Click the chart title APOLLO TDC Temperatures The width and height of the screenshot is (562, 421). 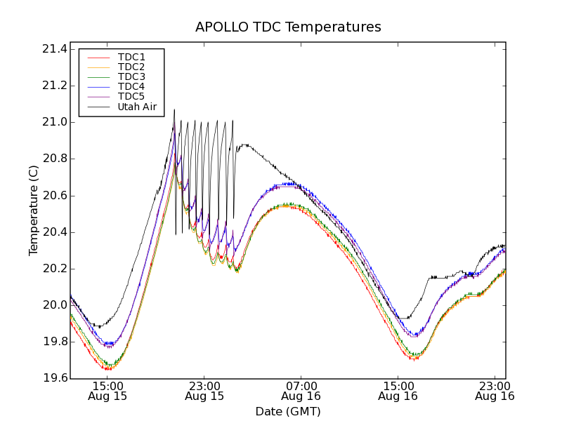click(288, 27)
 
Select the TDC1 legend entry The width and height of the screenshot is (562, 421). click(131, 57)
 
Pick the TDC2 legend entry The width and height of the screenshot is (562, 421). click(131, 67)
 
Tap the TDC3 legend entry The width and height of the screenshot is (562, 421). click(131, 76)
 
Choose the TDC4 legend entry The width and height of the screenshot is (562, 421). click(131, 87)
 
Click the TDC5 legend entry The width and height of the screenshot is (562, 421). click(131, 97)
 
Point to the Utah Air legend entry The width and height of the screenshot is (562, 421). click(136, 107)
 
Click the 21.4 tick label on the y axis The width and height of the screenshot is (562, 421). click(54, 49)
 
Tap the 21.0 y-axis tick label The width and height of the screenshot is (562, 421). click(54, 122)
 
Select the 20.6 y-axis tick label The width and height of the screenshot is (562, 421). click(54, 196)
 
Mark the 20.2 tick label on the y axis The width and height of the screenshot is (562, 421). click(54, 269)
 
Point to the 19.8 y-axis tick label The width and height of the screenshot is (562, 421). click(54, 342)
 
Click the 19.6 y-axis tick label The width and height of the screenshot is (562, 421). click(54, 379)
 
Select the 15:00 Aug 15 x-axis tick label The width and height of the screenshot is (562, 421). click(107, 391)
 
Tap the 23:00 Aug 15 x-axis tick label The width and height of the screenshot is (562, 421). click(204, 391)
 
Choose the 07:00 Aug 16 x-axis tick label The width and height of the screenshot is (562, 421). click(301, 391)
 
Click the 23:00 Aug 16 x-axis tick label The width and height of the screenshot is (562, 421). click(495, 391)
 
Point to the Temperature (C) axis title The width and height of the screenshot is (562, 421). click(34, 210)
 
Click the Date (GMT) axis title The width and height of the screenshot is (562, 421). click(288, 412)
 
